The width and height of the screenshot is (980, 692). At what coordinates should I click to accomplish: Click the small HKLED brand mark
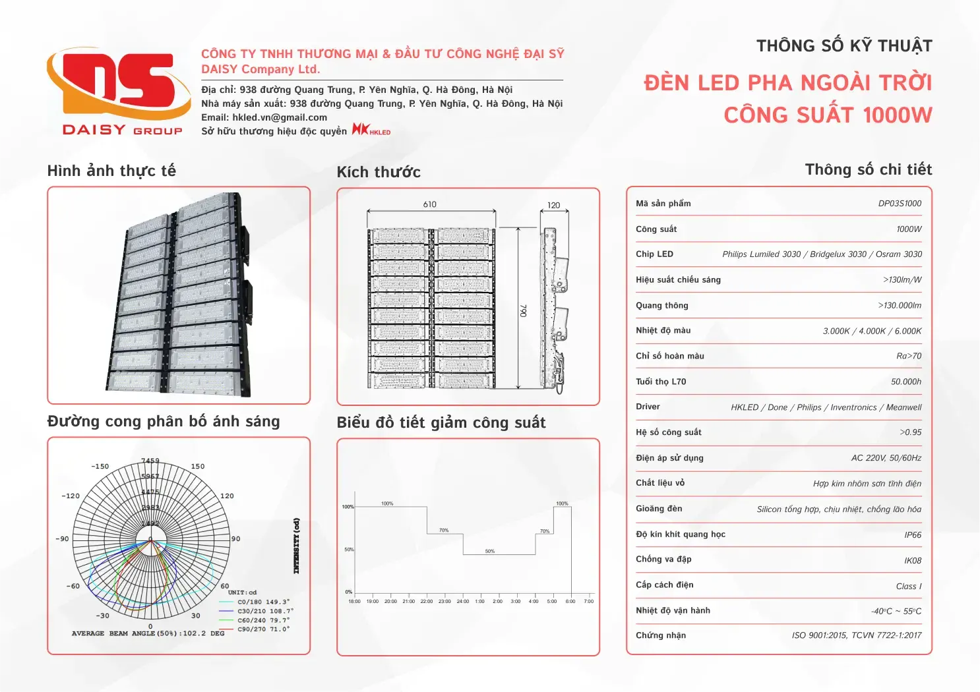371,129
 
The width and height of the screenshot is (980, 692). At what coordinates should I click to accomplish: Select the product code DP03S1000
900,204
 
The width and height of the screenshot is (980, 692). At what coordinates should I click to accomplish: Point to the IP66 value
913,535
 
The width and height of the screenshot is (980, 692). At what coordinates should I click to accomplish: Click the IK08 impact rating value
913,561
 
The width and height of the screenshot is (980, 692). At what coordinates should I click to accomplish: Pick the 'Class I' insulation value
909,587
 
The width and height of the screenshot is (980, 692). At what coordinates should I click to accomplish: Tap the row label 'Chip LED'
654,254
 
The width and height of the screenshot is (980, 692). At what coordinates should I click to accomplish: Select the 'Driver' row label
648,407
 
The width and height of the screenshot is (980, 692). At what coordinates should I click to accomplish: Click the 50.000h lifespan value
906,382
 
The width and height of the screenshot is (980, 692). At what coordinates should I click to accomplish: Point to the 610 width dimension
430,204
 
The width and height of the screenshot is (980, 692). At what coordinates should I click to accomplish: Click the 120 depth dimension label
553,205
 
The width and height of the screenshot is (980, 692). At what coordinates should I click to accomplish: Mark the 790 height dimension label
524,310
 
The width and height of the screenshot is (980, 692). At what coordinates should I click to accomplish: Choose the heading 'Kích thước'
379,173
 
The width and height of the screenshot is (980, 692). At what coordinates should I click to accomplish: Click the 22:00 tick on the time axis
427,601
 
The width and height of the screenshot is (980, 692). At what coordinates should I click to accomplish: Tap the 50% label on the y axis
349,550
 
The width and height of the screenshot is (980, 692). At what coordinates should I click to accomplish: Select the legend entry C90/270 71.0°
263,629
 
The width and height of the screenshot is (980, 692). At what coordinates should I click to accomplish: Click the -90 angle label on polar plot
62,539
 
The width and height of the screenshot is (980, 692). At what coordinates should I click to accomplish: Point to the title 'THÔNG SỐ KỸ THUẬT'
844,46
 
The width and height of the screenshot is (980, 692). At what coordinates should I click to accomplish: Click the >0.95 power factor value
911,433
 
